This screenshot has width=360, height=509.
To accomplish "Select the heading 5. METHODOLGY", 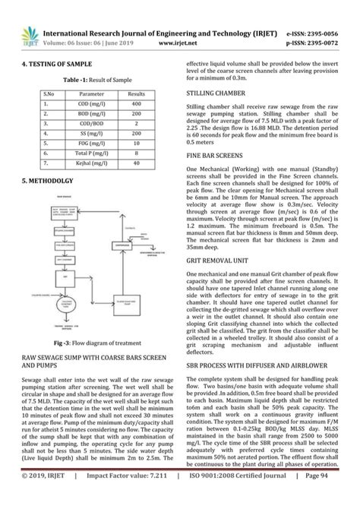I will pyautogui.click(x=48, y=181).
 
